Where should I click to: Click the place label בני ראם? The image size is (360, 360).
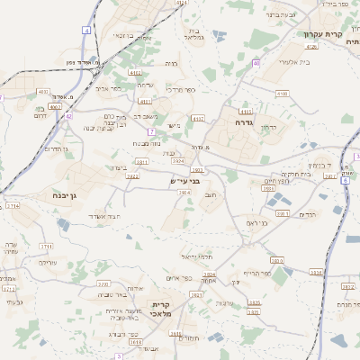tap(257, 223)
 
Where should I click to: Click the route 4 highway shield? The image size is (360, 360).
tap(86, 30)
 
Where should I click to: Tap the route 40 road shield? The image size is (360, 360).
tap(256, 63)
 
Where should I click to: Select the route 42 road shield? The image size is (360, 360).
tap(67, 115)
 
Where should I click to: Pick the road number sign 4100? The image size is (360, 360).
tap(283, 93)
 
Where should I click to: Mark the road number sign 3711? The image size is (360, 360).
tap(46, 246)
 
